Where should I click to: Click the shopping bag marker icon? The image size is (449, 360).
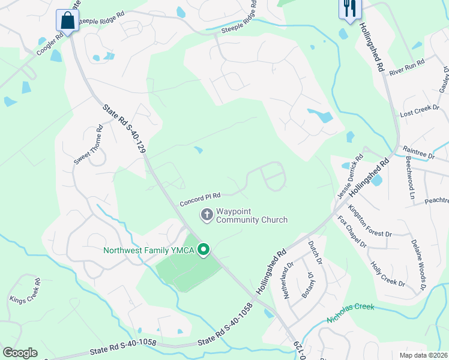[x=68, y=20]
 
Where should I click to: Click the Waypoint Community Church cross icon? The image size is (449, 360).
[x=206, y=214]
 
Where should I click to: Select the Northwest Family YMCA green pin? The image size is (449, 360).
[x=203, y=250]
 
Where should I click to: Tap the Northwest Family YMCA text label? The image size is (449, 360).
[x=149, y=250]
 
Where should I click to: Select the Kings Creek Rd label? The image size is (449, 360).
[x=25, y=291]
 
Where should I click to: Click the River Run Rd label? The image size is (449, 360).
[x=406, y=67]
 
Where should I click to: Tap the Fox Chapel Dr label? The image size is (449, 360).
[x=352, y=232]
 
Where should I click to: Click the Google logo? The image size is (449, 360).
[x=20, y=352]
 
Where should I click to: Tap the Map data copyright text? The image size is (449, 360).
[x=423, y=355]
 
